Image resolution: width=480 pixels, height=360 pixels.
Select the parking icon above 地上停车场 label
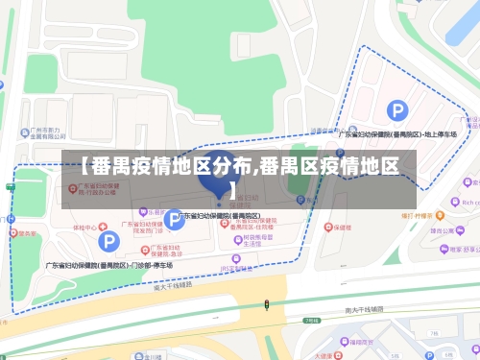click(x=396, y=112)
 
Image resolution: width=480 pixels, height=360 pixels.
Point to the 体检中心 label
click(x=85, y=228)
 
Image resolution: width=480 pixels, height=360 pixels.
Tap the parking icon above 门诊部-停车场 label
click(x=111, y=241)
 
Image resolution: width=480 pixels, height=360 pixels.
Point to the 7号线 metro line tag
click(x=310, y=321)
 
